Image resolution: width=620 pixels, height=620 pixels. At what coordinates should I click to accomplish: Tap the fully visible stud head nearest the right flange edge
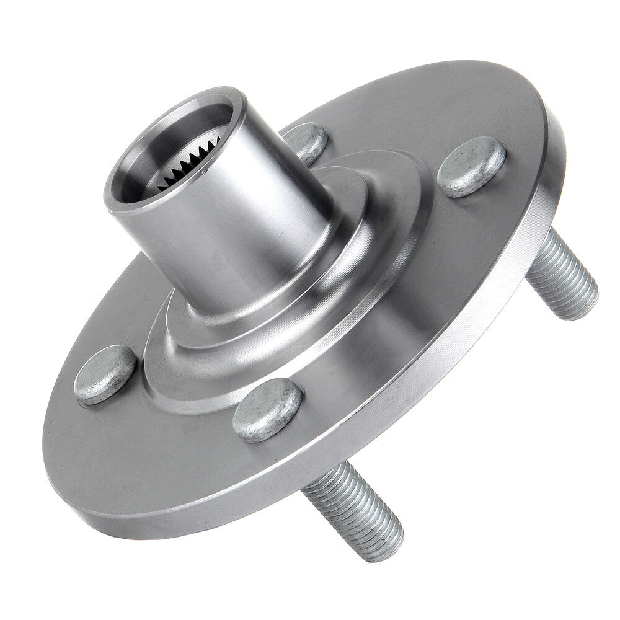(x=471, y=166)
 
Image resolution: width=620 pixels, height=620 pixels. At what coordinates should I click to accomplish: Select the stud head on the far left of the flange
(x=105, y=374)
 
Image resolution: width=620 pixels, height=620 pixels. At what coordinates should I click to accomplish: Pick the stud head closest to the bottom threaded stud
(x=267, y=409)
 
